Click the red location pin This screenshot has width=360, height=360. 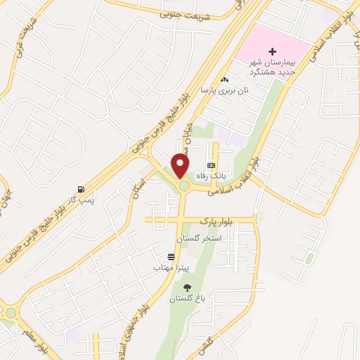click(x=181, y=165)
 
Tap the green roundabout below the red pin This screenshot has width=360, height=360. click(x=184, y=186)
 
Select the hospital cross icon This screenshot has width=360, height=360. click(x=273, y=52)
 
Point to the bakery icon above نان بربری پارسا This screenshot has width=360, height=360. click(x=224, y=79)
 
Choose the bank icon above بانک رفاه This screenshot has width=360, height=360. click(x=211, y=165)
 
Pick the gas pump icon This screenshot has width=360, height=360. click(x=82, y=189)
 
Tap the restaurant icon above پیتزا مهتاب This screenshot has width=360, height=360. click(x=172, y=257)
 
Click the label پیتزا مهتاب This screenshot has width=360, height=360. click(x=172, y=268)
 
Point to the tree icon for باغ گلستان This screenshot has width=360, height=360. click(x=187, y=288)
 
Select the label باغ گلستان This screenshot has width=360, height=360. click(x=187, y=299)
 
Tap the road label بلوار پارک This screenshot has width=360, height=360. click(x=214, y=221)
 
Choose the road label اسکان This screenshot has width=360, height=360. click(x=140, y=188)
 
